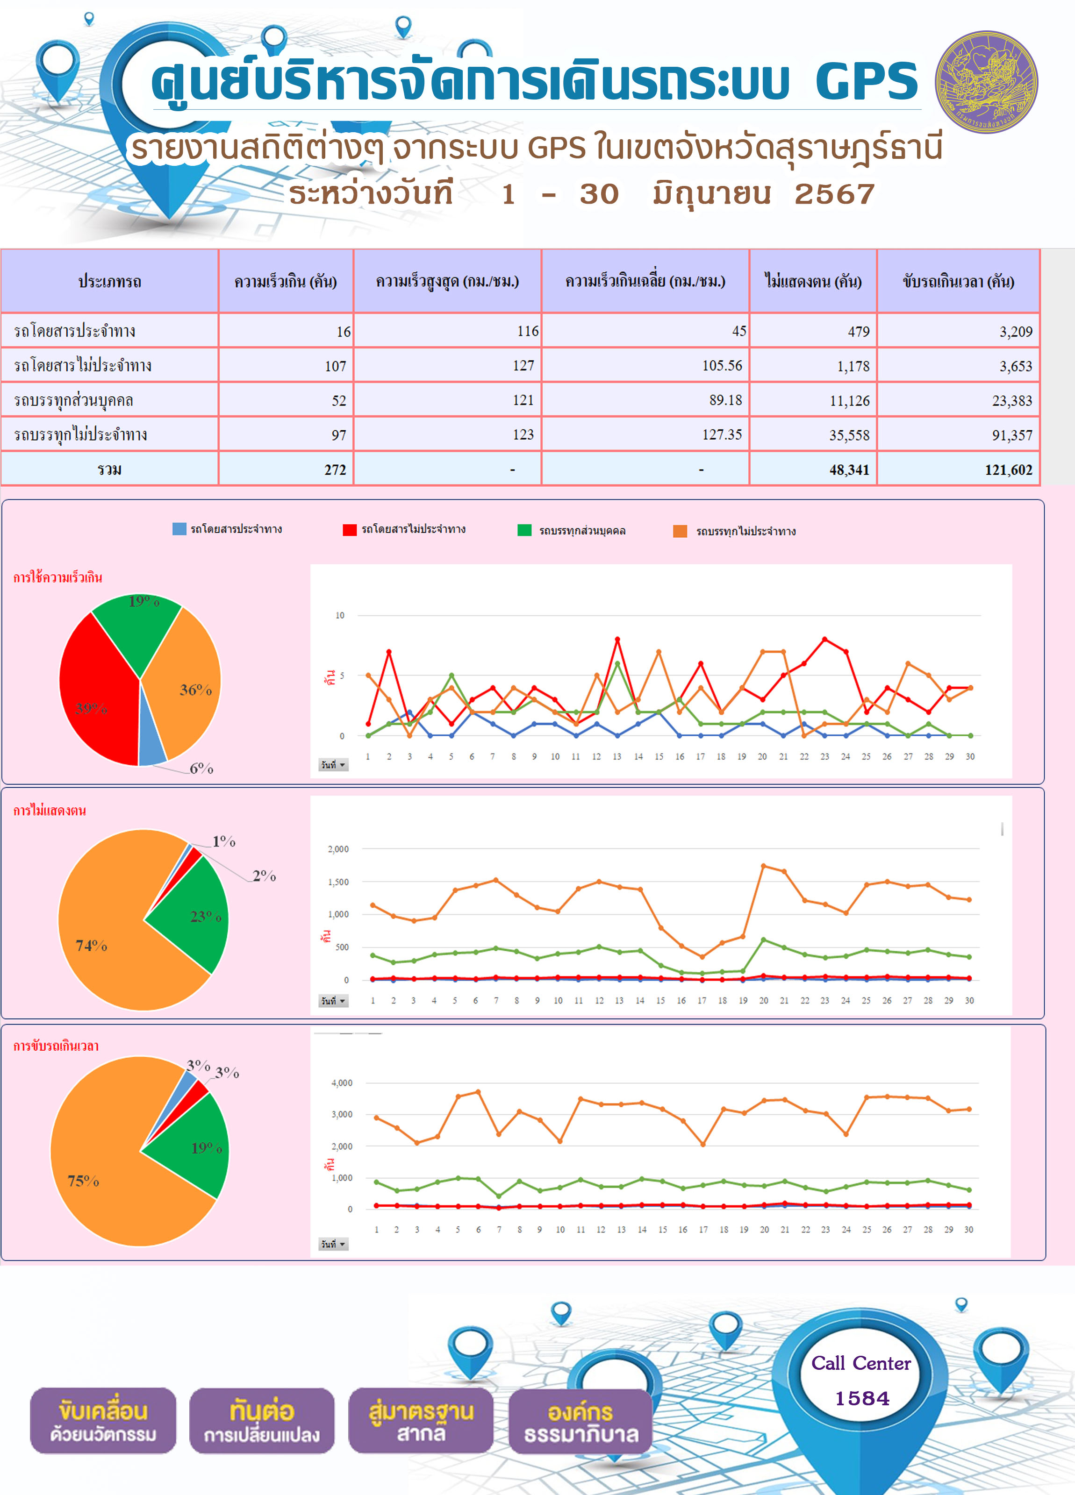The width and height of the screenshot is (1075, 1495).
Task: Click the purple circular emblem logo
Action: coord(987,82)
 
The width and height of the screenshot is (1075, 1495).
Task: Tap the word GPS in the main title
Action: coord(867,82)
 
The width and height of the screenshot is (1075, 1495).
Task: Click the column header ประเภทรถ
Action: coord(109,281)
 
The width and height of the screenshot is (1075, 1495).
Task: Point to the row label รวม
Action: coord(109,470)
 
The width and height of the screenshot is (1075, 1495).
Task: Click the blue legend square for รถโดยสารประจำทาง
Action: coord(179,529)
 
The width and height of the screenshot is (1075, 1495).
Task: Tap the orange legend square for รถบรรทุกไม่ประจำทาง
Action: coord(680,531)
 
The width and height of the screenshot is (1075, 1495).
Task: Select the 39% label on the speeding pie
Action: coord(91,709)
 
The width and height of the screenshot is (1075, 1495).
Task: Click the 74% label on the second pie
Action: coord(91,945)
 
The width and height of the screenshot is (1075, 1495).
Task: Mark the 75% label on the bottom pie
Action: coord(83,1181)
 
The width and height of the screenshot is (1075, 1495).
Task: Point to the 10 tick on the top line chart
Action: coord(340,615)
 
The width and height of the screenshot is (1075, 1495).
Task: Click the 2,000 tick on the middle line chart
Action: coord(338,849)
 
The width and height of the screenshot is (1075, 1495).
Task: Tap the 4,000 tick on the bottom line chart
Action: coord(342,1083)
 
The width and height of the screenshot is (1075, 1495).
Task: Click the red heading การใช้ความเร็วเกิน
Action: coord(58,577)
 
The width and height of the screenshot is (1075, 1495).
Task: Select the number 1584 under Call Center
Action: coord(862,1398)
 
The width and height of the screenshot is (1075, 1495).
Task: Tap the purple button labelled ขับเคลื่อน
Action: coord(103,1421)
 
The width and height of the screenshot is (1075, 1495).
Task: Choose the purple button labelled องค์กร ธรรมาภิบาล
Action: coord(580,1421)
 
